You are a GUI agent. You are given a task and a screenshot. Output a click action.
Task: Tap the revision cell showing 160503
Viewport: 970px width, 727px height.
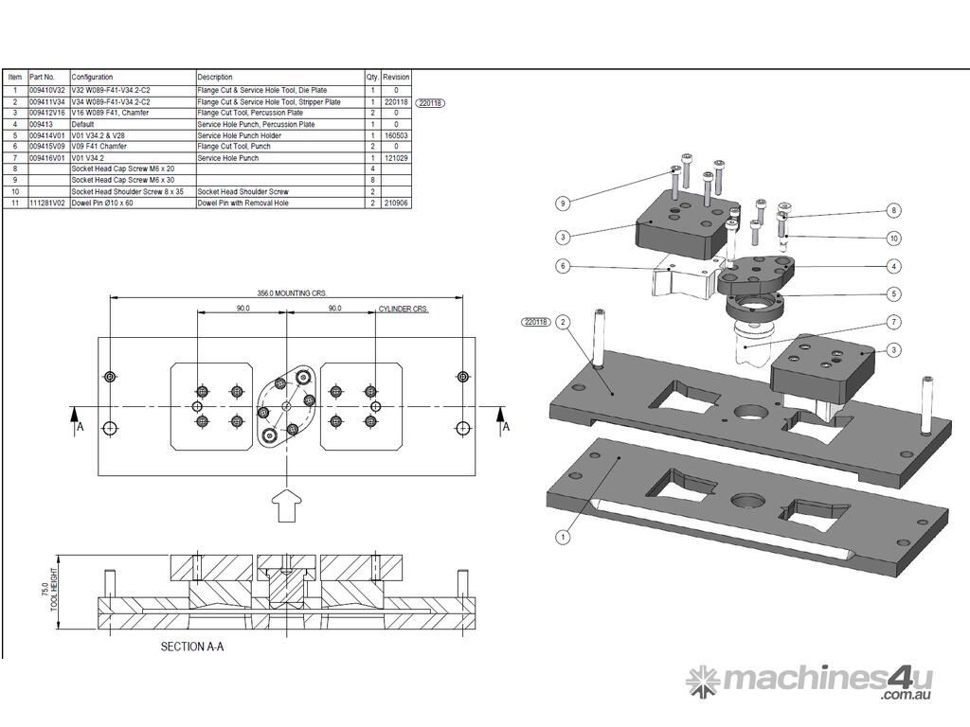pyautogui.click(x=396, y=135)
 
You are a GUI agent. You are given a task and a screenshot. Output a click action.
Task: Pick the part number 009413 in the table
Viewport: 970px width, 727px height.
pyautogui.click(x=41, y=124)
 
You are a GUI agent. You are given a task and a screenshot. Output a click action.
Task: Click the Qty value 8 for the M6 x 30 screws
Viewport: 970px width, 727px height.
pyautogui.click(x=373, y=180)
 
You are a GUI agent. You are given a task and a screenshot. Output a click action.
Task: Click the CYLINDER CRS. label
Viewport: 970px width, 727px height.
pyautogui.click(x=404, y=310)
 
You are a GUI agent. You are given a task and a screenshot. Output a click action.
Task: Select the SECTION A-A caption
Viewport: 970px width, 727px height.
pyautogui.click(x=192, y=647)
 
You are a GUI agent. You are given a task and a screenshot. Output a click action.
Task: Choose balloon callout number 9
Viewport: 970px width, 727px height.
pyautogui.click(x=563, y=203)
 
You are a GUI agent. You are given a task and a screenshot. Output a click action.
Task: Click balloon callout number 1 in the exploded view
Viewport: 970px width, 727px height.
pyautogui.click(x=563, y=537)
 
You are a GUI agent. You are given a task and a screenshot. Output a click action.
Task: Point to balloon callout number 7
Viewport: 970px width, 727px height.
pyautogui.click(x=893, y=321)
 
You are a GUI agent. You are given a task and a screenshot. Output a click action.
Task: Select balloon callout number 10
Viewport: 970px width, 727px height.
pyautogui.click(x=893, y=239)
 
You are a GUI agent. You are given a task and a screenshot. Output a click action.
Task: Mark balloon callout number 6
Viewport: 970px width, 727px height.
pyautogui.click(x=563, y=266)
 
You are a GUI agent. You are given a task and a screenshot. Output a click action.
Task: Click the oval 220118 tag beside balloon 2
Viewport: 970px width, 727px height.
pyautogui.click(x=535, y=322)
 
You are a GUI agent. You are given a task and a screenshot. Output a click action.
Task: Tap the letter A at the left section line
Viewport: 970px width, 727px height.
pyautogui.click(x=81, y=427)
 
